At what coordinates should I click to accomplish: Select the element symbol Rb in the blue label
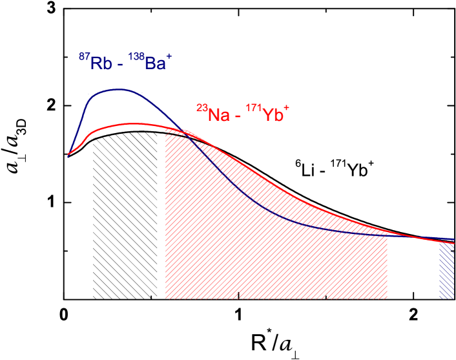coord(100,63)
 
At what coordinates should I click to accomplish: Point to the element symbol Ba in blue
coord(154,63)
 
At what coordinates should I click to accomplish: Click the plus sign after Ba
coord(169,58)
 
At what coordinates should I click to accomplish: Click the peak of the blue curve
coord(118,90)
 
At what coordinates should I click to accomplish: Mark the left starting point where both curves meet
coord(68,154)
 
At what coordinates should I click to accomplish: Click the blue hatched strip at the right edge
coord(446,270)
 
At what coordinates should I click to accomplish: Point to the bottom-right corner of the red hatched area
coord(387,298)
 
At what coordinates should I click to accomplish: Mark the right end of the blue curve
coord(454,239)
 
